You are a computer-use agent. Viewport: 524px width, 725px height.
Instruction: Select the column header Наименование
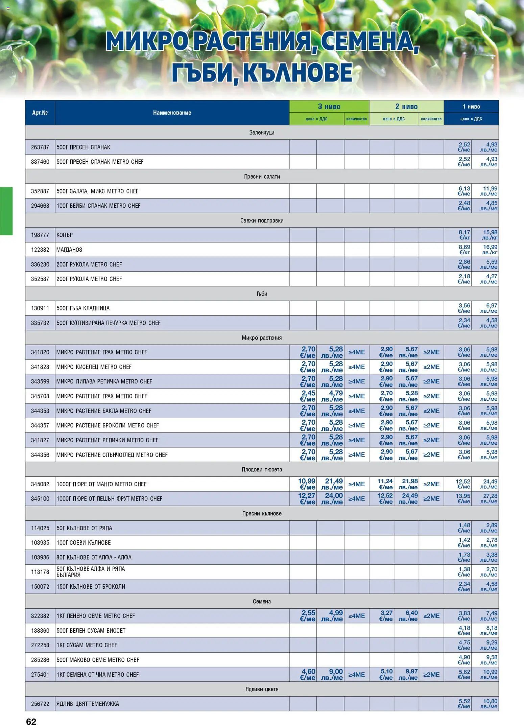tap(172, 113)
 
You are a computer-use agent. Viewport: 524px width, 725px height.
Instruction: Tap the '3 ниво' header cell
tap(329, 107)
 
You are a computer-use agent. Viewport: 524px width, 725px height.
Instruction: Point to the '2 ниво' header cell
tap(406, 107)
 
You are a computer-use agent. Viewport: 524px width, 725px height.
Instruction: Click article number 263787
tap(40, 147)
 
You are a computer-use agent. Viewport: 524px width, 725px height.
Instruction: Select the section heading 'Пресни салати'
tap(262, 177)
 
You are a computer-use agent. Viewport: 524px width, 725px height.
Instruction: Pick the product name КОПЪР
tap(65, 235)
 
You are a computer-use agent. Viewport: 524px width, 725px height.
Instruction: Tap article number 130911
tap(40, 308)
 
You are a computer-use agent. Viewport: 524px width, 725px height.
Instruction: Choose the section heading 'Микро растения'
tap(262, 338)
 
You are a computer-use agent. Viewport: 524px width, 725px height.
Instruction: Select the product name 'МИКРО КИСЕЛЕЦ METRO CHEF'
tap(94, 367)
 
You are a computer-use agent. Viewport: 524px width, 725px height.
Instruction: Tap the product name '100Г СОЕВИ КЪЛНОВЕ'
tap(84, 543)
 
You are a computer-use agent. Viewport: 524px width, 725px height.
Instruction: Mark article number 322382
tap(40, 616)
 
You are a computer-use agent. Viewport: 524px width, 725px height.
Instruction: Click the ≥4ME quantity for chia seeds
tap(356, 675)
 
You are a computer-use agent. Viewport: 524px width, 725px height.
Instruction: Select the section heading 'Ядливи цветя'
tap(262, 689)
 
